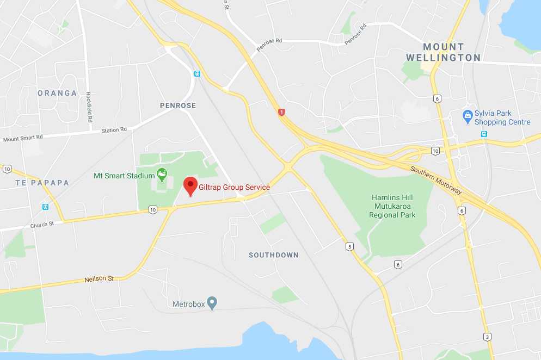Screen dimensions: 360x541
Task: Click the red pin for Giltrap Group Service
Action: tap(190, 185)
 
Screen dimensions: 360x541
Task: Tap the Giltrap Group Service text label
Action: tap(234, 188)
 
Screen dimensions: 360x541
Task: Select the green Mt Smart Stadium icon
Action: tap(162, 175)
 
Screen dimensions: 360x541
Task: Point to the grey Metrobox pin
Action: tap(212, 302)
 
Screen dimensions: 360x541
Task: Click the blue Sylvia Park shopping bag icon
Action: tap(467, 116)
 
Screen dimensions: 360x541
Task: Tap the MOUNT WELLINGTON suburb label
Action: tap(443, 52)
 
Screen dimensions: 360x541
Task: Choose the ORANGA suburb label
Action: tap(57, 93)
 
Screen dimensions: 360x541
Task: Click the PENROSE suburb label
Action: tap(178, 105)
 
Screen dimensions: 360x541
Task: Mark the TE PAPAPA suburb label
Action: tap(42, 183)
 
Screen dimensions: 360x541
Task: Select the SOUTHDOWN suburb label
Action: tap(274, 255)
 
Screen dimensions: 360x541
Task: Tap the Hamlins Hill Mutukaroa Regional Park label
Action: tap(392, 206)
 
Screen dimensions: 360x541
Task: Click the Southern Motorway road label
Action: tap(437, 181)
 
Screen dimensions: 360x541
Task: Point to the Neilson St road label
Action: tap(99, 279)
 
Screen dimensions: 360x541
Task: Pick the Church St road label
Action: tap(42, 224)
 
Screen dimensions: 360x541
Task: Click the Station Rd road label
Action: tap(114, 130)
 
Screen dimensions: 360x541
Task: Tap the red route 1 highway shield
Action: tap(281, 112)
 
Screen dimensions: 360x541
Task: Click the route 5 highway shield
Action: tap(349, 247)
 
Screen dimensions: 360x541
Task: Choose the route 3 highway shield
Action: tap(487, 337)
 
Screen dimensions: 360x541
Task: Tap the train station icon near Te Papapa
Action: tap(45, 207)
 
